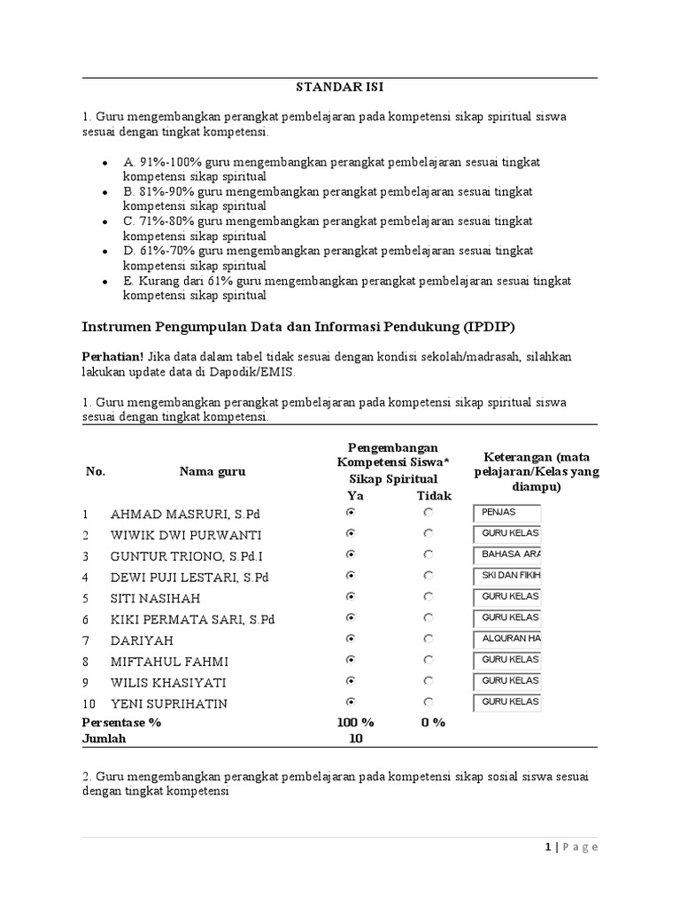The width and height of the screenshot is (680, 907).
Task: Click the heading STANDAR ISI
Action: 340,88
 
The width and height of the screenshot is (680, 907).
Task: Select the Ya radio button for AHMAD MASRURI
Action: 352,513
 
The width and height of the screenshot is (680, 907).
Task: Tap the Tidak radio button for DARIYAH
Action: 429,639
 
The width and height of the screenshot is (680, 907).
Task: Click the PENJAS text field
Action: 506,513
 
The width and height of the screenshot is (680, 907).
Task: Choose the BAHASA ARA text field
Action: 506,554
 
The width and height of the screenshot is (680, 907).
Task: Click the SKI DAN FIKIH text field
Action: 506,576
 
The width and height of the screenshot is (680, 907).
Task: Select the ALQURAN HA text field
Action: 506,639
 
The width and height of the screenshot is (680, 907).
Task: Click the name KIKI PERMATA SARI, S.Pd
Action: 192,618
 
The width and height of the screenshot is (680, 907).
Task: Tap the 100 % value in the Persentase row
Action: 356,722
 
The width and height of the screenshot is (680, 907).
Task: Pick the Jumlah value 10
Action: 354,738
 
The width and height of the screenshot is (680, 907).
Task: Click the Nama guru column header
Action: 212,471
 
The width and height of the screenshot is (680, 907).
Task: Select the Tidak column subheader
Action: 434,496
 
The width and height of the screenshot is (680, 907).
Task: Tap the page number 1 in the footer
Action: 548,847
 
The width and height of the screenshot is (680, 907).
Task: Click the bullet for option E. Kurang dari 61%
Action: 105,283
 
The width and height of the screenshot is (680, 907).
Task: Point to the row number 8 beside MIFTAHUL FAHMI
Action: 86,660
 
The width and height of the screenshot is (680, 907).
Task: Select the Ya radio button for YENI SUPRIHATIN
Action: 352,702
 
